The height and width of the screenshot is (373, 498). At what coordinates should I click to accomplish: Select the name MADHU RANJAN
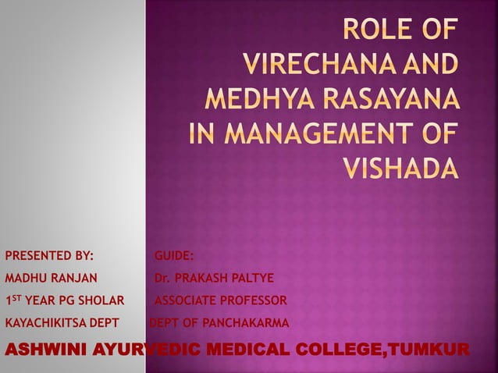(x=51, y=278)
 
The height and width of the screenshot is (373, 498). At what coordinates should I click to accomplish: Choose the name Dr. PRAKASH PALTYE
(x=214, y=278)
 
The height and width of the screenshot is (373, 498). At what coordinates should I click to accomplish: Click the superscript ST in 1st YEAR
(x=16, y=297)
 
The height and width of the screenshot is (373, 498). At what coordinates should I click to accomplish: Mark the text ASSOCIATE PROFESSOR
(x=221, y=300)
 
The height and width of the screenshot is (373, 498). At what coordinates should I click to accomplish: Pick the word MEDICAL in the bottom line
(x=239, y=347)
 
